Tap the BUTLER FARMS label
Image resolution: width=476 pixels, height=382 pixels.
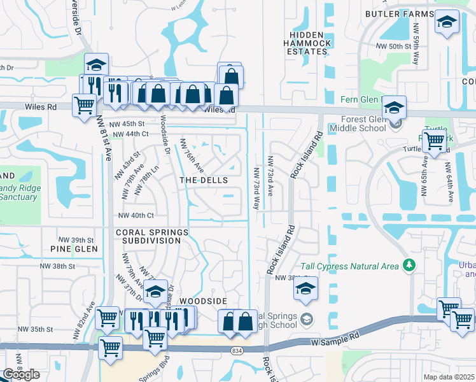(x=398, y=13)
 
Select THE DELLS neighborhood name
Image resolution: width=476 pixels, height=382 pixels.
(x=204, y=181)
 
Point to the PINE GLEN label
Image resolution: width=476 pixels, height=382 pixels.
(x=74, y=248)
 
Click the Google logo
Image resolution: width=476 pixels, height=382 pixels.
(x=21, y=374)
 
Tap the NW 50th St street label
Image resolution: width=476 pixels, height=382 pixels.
(x=393, y=46)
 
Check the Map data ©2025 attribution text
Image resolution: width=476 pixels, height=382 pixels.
(x=449, y=377)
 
